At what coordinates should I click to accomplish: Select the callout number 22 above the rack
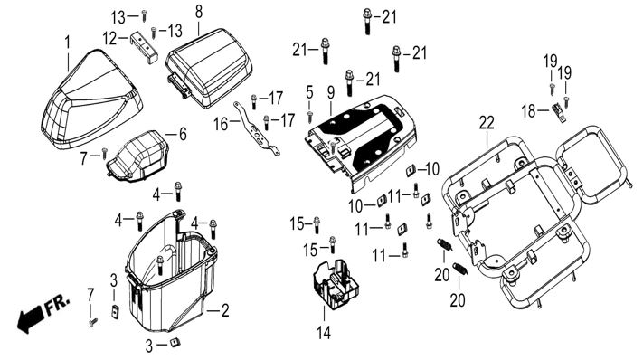pos(487,123)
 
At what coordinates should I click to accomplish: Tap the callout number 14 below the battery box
pos(324,332)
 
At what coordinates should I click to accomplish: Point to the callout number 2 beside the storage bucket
pos(224,310)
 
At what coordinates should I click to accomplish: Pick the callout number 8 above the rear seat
pos(198,12)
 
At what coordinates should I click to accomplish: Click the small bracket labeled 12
pos(145,46)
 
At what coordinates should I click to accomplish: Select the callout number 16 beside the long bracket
pos(221,124)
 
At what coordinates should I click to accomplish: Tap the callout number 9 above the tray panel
pos(330,93)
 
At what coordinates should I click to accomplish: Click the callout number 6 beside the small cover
pos(182,134)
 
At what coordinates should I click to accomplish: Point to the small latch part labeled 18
pos(558,112)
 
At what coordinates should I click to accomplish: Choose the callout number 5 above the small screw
pos(309,92)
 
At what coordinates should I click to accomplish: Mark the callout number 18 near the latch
pos(528,110)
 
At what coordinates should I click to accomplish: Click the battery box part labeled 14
pos(336,284)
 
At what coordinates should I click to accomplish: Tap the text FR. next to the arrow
pos(57,304)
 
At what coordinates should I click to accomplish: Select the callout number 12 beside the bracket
pos(110,39)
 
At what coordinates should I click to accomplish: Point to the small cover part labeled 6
pos(138,156)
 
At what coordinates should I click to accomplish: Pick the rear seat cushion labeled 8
pos(209,66)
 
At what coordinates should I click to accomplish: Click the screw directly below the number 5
pos(310,117)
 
